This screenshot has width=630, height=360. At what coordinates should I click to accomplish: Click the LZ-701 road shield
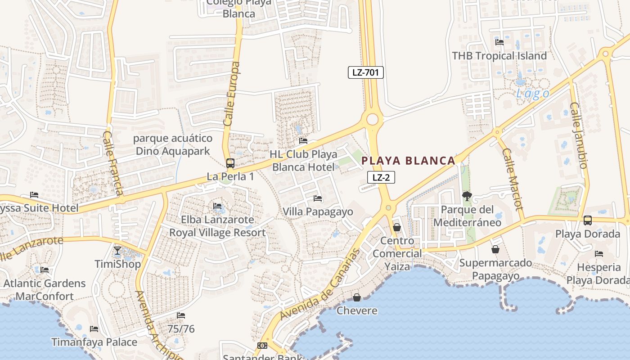coord(365,72)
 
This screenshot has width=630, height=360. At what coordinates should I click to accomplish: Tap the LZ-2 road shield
coord(381,177)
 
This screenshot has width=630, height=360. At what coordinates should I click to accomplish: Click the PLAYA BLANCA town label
coord(409,161)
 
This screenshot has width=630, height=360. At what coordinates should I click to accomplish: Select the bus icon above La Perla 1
coord(230,163)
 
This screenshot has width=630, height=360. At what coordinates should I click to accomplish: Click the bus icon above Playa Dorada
coord(587,220)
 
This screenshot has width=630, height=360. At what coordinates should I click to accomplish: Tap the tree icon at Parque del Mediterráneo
coord(467,196)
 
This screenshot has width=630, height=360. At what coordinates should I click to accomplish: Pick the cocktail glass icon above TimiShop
coord(117,251)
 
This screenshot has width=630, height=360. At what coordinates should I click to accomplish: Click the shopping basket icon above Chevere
coord(357,297)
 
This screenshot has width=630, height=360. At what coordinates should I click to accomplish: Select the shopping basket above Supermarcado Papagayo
coord(495,249)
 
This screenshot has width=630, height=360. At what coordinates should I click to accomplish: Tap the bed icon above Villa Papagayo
coord(318,198)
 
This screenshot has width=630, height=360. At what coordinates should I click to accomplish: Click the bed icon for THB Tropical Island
coord(499,42)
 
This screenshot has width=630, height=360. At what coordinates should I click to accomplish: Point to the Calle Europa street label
coord(231,94)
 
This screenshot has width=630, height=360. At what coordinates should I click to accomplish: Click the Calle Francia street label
coord(113,163)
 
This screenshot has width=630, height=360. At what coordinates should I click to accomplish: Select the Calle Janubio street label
coord(579,135)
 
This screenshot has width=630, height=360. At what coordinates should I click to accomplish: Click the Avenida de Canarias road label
coord(320,285)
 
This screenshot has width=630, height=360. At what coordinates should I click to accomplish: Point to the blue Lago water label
coord(532,94)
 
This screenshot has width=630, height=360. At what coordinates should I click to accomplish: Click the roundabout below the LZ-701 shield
coord(372,119)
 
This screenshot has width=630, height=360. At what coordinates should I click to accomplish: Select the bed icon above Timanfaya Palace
coord(94,329)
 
